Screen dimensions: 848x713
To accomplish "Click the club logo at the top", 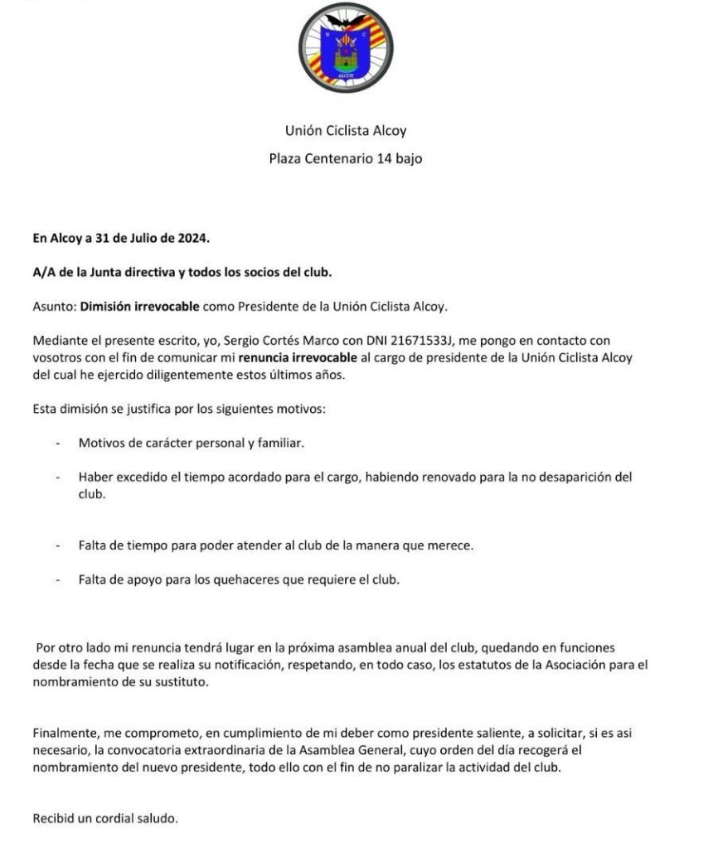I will click(346, 48).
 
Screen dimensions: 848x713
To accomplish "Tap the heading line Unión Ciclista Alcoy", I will click(346, 130).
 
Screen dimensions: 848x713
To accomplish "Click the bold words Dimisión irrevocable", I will click(139, 306).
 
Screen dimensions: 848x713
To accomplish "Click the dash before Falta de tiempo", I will click(58, 545).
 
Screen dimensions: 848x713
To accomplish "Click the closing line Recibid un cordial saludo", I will click(105, 818).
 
